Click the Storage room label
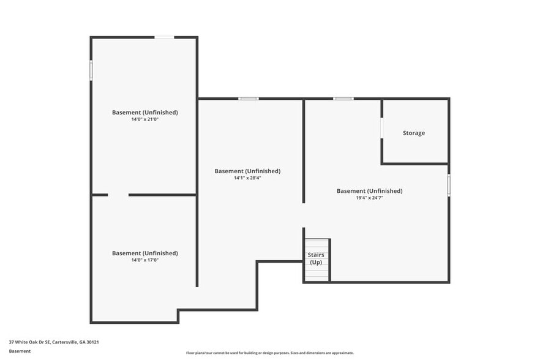[x=413, y=133]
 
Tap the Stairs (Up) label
[x=316, y=258]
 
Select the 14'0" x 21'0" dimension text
[x=144, y=119]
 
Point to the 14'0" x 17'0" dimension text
[x=144, y=260]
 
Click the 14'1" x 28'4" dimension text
[x=247, y=178]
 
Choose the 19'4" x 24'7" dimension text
[x=369, y=198]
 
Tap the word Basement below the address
[x=20, y=351]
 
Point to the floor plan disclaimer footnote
[x=269, y=353]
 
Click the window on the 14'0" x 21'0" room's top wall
[x=164, y=37]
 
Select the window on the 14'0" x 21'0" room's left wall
[x=91, y=70]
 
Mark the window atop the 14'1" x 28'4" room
[x=248, y=99]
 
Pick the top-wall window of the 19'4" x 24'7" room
[x=343, y=99]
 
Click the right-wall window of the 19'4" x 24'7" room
[x=449, y=185]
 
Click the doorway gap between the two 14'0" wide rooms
[x=118, y=195]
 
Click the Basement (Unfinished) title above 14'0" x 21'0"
[x=144, y=112]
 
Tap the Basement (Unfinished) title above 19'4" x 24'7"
[x=369, y=190]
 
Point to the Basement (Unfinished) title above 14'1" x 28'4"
[x=247, y=171]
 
